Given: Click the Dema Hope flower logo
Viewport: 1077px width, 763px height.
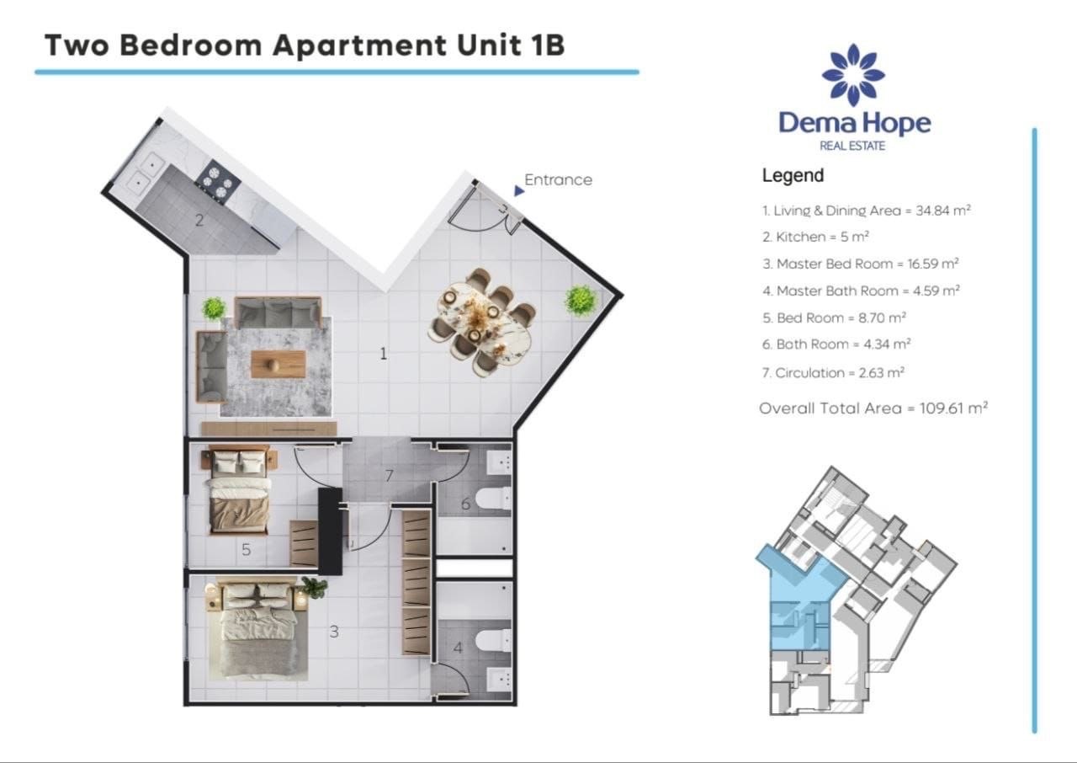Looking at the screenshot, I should click(x=853, y=75).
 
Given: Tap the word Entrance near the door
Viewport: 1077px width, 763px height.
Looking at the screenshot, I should click(x=558, y=179).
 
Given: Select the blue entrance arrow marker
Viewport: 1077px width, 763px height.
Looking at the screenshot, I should click(x=518, y=191).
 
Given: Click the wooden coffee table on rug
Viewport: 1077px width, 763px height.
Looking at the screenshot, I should click(x=279, y=364).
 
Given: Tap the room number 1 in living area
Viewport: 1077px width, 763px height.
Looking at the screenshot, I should click(x=383, y=354).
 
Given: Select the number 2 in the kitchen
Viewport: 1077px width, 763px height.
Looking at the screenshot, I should click(x=199, y=221).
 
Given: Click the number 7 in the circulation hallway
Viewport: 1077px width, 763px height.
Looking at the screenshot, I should click(x=389, y=476).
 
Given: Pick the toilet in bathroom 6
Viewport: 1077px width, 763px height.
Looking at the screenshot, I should click(x=493, y=499).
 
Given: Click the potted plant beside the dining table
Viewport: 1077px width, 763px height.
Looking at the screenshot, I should click(x=580, y=299).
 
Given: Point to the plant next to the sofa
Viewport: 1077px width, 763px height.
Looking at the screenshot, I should click(x=214, y=308).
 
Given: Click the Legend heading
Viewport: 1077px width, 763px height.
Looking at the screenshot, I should click(x=793, y=176).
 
